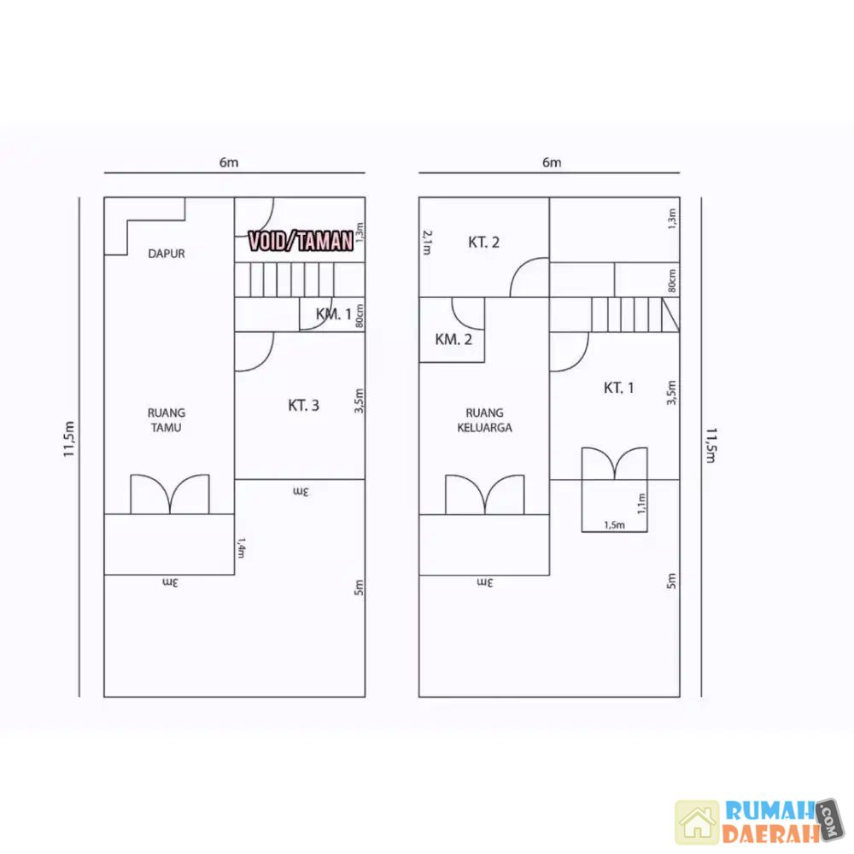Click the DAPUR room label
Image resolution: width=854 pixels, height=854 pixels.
point(167,254)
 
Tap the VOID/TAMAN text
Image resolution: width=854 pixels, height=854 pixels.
point(301,241)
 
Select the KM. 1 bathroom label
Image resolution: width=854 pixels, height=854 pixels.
point(333,314)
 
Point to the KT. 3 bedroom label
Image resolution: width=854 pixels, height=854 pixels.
point(303,405)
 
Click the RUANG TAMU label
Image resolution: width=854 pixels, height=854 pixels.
point(167,420)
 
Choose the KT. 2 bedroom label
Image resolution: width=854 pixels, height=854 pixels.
point(483,243)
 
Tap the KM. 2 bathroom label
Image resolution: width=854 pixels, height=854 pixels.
point(453,340)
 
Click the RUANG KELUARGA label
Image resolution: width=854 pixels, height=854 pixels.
point(484,420)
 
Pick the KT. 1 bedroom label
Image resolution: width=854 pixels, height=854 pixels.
point(618,388)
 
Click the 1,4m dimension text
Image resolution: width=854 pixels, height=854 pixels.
point(241,548)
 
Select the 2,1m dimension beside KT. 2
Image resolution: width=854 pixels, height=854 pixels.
point(427,242)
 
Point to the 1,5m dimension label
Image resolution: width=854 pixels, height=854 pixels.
point(614,525)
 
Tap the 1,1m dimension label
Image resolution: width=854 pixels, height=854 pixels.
point(641,504)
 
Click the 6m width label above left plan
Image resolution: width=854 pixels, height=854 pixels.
point(229,162)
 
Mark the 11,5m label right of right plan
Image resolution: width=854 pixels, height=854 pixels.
point(711,445)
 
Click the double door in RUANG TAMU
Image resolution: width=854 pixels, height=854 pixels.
point(170,494)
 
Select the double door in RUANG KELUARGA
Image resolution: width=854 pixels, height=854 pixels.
point(485,494)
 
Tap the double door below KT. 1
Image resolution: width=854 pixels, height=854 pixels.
point(615,463)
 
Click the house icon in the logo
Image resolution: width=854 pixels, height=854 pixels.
point(697,822)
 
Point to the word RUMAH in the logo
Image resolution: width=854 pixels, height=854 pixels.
point(769,811)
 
